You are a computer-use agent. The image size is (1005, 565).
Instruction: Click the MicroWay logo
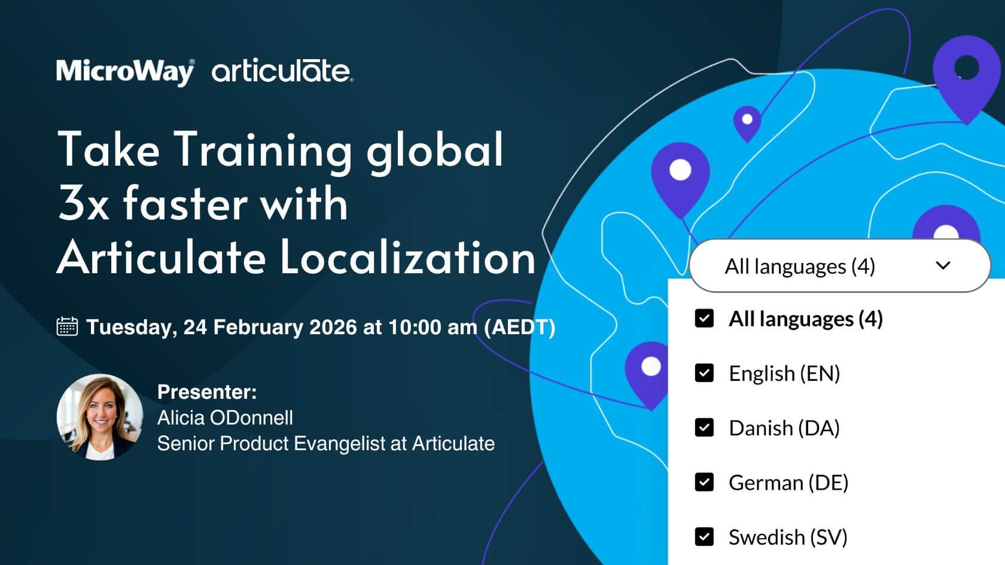point(126,72)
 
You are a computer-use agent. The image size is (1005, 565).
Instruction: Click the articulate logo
point(282,71)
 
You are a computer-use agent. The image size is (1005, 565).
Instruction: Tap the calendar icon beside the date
point(67,326)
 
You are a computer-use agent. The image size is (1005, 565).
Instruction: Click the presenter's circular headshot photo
point(100,417)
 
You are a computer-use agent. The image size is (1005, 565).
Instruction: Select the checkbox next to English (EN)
point(704,373)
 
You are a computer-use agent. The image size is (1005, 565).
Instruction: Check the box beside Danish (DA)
point(704,427)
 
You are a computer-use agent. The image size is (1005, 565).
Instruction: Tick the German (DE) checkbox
point(704,482)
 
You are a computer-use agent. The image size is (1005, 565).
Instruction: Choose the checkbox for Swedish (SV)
point(704,537)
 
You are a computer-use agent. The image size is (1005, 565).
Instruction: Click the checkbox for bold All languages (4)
point(704,318)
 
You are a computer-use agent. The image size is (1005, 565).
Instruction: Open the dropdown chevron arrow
point(943,265)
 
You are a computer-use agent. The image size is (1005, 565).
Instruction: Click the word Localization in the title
point(408,257)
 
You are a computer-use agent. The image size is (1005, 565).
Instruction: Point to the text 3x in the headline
point(84,203)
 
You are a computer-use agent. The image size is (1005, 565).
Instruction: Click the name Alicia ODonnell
point(225,417)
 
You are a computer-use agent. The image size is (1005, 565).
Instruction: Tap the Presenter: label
point(207,392)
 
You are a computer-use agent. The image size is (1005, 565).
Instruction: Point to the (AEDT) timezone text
point(519,328)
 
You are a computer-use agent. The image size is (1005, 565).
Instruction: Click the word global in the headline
point(435,150)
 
